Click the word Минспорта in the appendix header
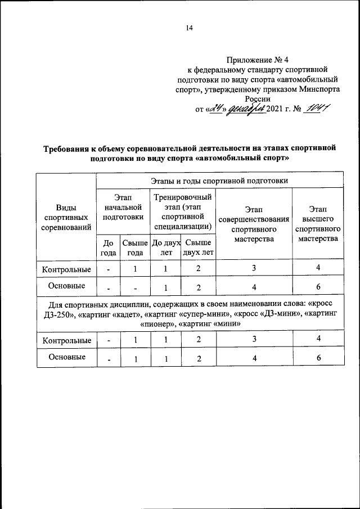pos(319,89)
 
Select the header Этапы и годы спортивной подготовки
pos(219,181)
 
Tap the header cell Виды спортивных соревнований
pos(66,218)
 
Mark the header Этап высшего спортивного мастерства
pos(318,224)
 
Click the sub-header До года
pos(108,247)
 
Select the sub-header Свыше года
pos(135,247)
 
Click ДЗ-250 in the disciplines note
pos(58,314)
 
